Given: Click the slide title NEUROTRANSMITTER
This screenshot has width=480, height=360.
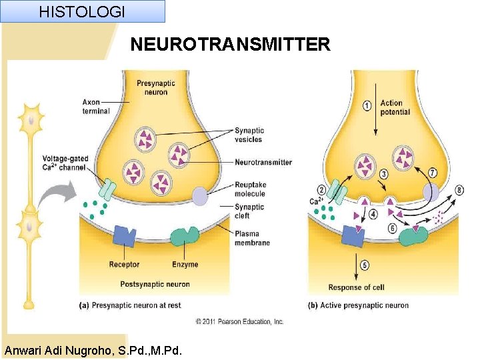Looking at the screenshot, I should click(230, 45).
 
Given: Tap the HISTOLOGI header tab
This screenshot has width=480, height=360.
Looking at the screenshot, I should click(82, 11).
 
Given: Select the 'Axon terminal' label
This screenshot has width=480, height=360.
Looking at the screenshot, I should click(96, 107).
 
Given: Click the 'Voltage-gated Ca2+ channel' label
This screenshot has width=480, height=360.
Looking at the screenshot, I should click(65, 163).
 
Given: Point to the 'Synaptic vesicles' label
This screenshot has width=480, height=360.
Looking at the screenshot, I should click(249, 135).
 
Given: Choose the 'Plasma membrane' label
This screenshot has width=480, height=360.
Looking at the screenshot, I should click(252, 238).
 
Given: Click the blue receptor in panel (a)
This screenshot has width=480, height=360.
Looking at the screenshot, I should click(124, 236).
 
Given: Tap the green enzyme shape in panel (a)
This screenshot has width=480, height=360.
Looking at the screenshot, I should click(185, 237).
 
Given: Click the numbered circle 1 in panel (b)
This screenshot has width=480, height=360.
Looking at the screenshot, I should click(367, 105).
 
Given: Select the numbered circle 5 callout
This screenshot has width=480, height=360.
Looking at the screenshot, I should click(365, 265).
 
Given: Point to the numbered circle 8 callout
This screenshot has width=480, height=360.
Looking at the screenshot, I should click(459, 191).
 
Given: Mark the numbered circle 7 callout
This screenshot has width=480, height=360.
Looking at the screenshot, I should click(432, 173).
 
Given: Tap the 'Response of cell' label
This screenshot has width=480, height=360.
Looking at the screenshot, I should click(356, 287).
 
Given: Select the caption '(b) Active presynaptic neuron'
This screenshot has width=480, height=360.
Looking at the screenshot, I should click(359, 305).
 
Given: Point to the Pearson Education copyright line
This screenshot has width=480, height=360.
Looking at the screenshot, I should click(239, 321).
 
